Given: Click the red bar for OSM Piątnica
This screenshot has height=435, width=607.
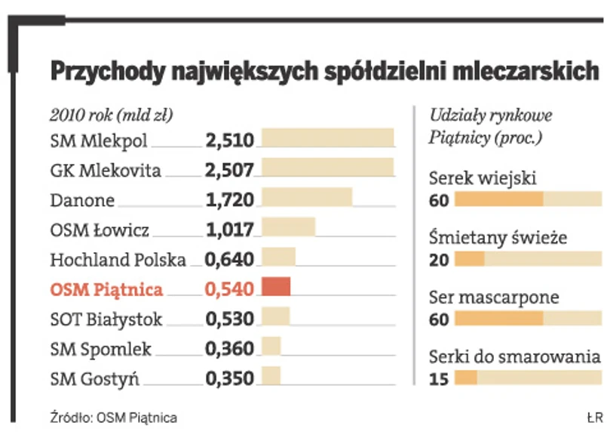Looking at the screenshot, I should point(275,288).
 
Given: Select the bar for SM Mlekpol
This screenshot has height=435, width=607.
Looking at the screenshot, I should point(327,138).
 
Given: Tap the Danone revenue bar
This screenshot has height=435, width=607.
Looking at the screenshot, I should point(306,197).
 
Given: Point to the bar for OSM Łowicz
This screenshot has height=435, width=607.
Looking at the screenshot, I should point(287,227).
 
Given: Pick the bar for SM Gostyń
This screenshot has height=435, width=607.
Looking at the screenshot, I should point(271,376).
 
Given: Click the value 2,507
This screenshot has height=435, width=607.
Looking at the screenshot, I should point(229,169).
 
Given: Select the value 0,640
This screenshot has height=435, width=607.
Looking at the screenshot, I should point(229,259).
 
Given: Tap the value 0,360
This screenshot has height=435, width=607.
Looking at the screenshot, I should point(229,348).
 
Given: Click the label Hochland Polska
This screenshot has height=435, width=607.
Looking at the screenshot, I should point(118,260).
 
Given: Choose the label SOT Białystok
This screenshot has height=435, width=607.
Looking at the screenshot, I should point(106,319).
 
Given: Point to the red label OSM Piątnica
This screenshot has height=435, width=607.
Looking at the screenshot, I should point(106,289).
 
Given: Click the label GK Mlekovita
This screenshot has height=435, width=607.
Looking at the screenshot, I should point(106,170).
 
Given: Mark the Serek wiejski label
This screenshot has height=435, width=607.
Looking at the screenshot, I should point(482,179).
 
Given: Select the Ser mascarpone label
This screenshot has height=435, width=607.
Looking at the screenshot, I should point(494,298).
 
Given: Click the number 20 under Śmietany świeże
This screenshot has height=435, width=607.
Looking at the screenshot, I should point(438,260).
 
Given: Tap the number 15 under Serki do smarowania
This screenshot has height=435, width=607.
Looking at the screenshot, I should point(438,378).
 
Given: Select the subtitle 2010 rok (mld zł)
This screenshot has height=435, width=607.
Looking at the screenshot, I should point(111,116).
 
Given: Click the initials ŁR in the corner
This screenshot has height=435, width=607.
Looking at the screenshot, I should point(593,417).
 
